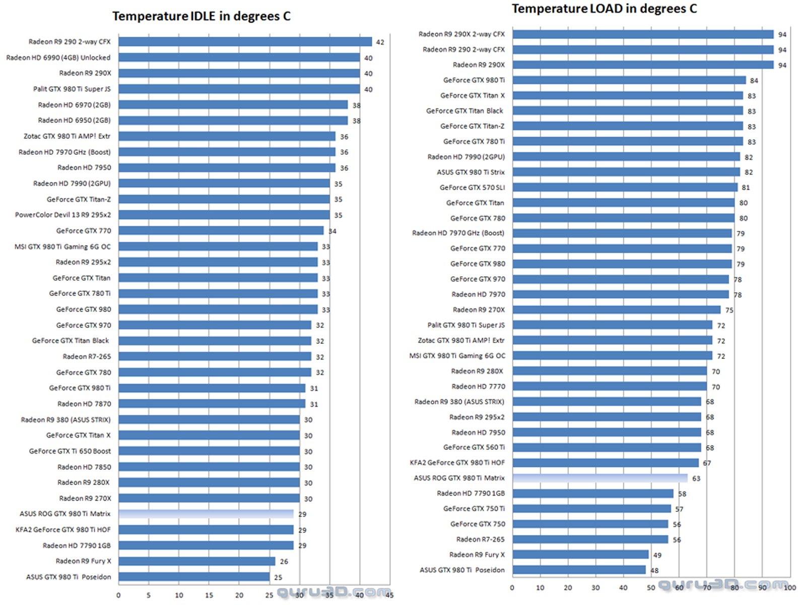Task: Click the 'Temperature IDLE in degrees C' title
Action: click(201, 16)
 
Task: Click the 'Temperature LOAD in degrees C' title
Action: click(604, 9)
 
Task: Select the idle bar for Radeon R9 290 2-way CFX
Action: click(245, 42)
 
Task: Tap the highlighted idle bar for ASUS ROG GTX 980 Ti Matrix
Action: click(206, 514)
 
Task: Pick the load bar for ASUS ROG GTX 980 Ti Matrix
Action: click(599, 478)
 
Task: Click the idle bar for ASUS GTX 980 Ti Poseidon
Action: click(194, 577)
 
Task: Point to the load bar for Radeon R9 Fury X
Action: click(580, 555)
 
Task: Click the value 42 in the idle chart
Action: click(380, 42)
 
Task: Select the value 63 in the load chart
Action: click(696, 478)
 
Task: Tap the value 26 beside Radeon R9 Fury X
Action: click(284, 562)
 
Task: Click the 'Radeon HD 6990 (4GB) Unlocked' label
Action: click(58, 57)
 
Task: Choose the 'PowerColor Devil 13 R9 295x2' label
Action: click(63, 215)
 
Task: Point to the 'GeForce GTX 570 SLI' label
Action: click(472, 188)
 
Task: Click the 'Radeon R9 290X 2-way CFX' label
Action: click(461, 34)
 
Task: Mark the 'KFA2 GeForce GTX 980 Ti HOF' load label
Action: click(457, 462)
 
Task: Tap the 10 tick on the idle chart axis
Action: click(179, 595)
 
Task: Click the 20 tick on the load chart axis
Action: click(568, 588)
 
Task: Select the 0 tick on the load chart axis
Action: click(512, 588)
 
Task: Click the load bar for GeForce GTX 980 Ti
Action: click(629, 80)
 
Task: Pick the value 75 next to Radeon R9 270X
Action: click(729, 311)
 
